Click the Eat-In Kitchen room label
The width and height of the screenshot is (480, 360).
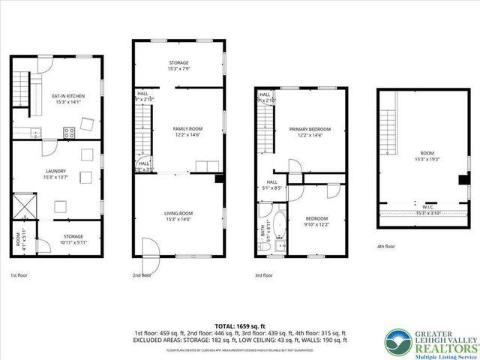tap(67, 96)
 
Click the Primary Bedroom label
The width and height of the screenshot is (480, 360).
tap(310, 129)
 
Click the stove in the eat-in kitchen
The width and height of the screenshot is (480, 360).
tap(68, 133)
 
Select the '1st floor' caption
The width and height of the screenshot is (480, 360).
tap(19, 275)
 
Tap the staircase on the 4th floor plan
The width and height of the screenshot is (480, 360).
tap(387, 124)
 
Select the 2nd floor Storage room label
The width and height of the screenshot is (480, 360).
tap(178, 62)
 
